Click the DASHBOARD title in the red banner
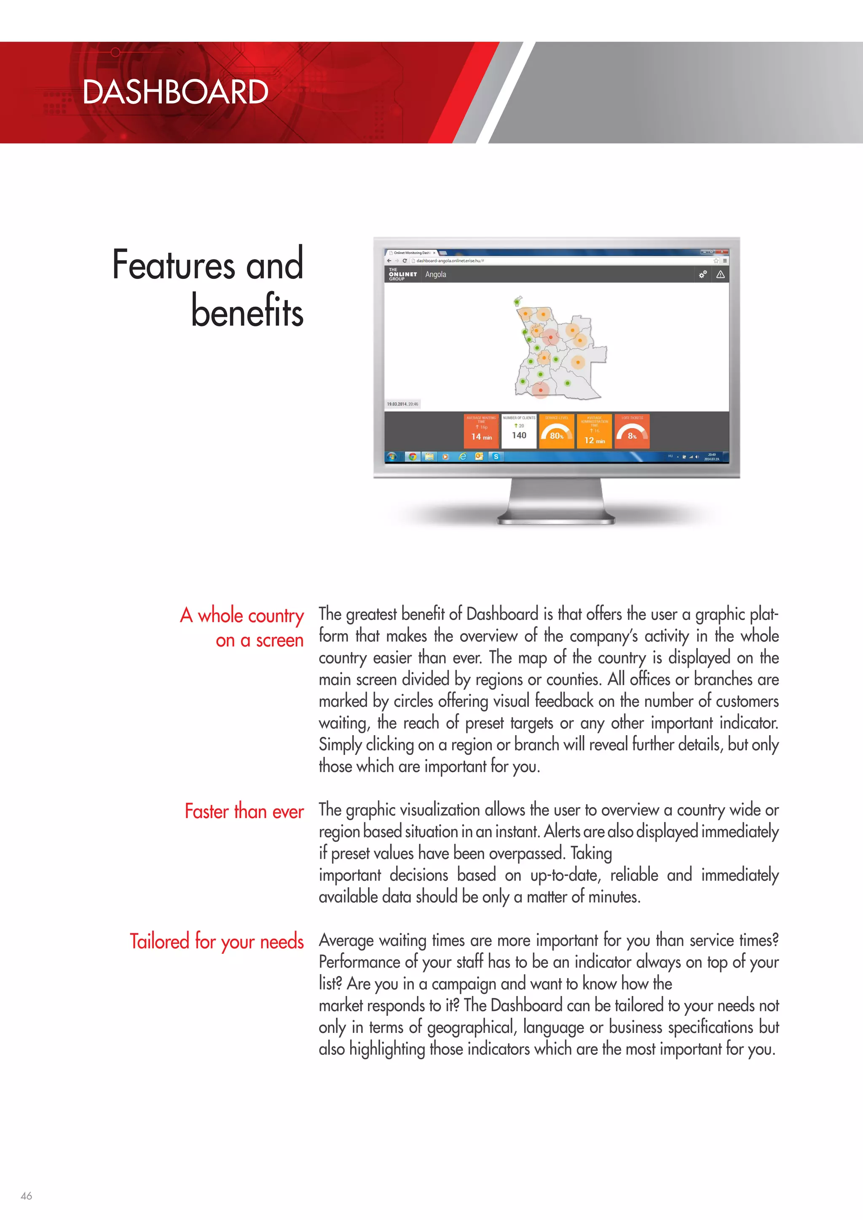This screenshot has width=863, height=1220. click(x=175, y=92)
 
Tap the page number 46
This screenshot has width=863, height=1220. click(x=26, y=1196)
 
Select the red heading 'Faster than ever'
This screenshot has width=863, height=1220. click(x=244, y=811)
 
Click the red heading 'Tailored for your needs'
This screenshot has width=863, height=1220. click(x=217, y=942)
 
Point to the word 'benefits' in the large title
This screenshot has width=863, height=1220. click(x=247, y=311)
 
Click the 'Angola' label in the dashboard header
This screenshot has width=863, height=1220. click(x=435, y=274)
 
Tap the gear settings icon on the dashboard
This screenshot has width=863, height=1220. click(x=702, y=274)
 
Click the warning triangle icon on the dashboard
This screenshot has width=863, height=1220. click(x=721, y=274)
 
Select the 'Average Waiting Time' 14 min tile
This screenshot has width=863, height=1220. click(x=482, y=431)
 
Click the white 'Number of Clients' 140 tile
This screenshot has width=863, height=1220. click(x=519, y=431)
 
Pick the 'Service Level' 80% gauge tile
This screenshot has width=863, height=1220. click(x=556, y=431)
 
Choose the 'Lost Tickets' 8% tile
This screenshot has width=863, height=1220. click(x=632, y=431)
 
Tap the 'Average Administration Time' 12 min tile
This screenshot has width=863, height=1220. click(x=594, y=431)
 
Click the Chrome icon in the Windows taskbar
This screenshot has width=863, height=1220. click(x=413, y=456)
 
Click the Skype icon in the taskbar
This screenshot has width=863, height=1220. click(x=496, y=456)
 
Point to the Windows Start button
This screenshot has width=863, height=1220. click(x=392, y=456)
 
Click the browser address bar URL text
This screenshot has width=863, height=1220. click(x=450, y=261)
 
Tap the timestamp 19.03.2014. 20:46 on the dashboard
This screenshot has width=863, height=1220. click(x=402, y=404)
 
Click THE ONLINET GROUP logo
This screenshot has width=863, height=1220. click(x=402, y=274)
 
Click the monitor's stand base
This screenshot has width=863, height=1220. click(x=556, y=519)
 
